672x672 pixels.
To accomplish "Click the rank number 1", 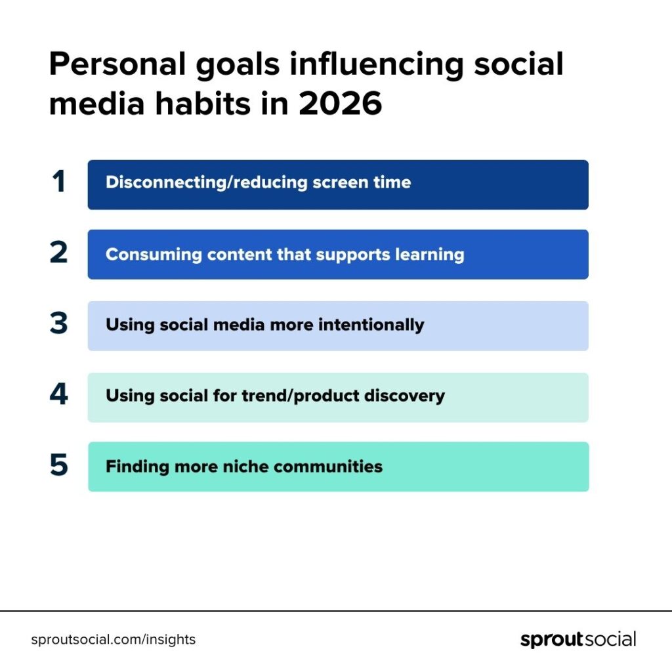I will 58,182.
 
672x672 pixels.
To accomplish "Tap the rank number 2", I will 58,253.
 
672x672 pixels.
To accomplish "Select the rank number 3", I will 58,324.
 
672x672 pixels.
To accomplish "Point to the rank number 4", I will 58,394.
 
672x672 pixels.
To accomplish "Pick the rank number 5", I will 58,465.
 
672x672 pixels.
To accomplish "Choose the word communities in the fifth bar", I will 328,467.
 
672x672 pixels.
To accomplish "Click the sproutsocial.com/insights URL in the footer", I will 113,639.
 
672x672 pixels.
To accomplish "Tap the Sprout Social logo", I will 578,639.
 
